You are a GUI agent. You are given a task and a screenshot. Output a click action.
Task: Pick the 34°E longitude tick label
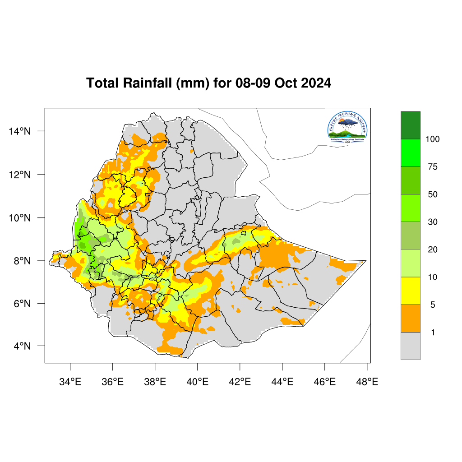pos(70,382)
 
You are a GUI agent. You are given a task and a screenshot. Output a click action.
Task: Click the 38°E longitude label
pos(155,382)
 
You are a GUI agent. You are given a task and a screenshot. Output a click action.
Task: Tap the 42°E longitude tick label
pos(240,382)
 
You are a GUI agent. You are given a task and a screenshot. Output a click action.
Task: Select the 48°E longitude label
pos(367,382)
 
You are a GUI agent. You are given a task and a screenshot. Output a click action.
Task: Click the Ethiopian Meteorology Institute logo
pos(348,127)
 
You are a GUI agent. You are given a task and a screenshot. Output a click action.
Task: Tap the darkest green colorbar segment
pos(410,125)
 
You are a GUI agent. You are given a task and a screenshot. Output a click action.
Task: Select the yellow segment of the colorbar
pos(410,291)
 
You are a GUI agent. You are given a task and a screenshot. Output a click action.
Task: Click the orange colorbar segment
pos(410,318)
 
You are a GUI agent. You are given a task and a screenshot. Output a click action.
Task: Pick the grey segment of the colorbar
pos(410,346)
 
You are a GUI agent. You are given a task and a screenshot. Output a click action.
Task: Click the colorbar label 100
pos(433,139)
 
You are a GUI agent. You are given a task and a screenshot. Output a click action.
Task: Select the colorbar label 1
pos(433,333)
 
